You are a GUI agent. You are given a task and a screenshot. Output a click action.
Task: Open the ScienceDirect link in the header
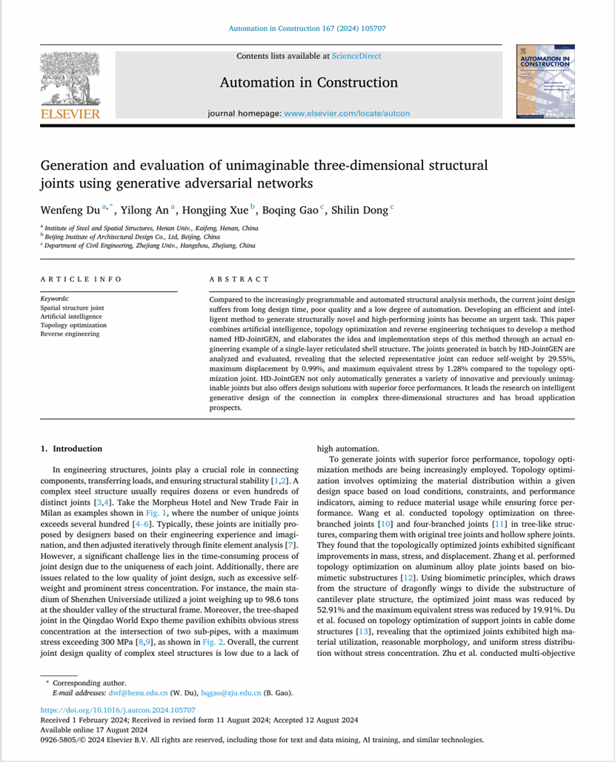point(356,56)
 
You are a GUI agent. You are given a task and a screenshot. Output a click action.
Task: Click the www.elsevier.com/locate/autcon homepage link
point(347,113)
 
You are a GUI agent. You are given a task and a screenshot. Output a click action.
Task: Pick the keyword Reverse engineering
point(70,334)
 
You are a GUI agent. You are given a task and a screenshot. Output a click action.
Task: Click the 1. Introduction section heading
point(71,448)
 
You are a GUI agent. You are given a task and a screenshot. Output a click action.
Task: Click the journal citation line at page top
point(307,28)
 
